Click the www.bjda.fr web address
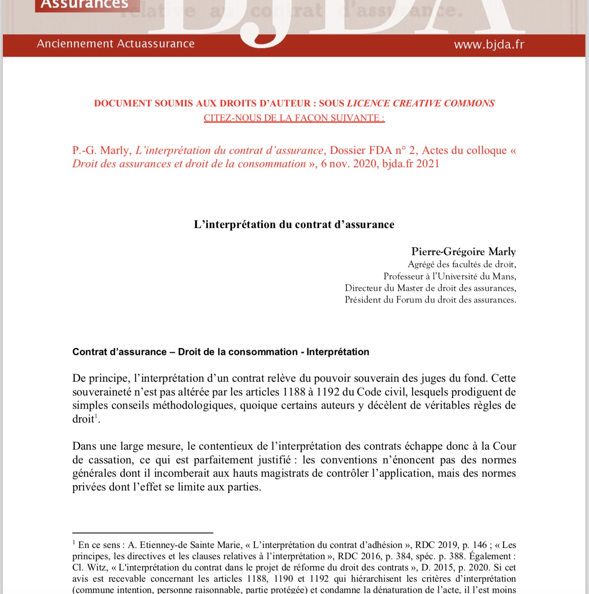coord(489,45)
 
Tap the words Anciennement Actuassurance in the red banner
coord(116,44)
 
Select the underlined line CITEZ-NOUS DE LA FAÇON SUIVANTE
coord(294,118)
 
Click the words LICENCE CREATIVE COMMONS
coord(421,103)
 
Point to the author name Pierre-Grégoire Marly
coord(463,252)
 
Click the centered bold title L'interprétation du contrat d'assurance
coord(294,225)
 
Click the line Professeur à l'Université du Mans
coord(450,276)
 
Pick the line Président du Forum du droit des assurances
coord(430,299)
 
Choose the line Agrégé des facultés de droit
coord(462,264)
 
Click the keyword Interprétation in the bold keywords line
coord(338,352)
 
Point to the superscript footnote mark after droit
coord(96,416)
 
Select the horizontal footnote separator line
coord(143,533)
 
